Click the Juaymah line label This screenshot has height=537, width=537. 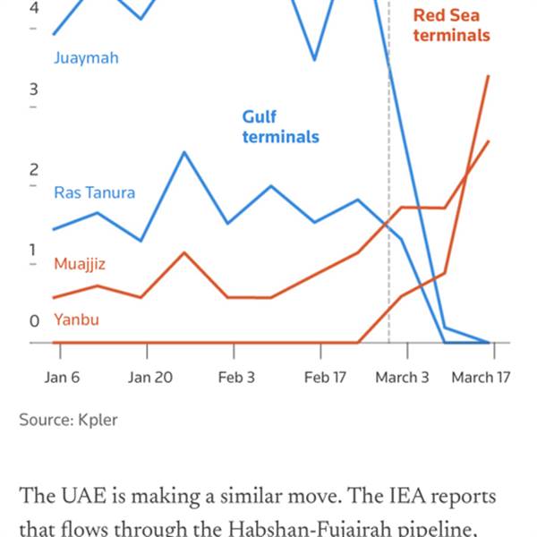pyautogui.click(x=86, y=58)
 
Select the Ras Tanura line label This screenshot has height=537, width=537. pyautogui.click(x=95, y=192)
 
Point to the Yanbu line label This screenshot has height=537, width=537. pyautogui.click(x=76, y=320)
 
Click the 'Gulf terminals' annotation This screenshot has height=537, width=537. pyautogui.click(x=280, y=127)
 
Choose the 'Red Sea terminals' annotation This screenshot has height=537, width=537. pyautogui.click(x=451, y=25)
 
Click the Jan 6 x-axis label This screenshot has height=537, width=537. pyautogui.click(x=62, y=377)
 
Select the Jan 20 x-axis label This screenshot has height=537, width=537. pyautogui.click(x=149, y=377)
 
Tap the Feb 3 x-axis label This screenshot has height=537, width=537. pyautogui.click(x=236, y=377)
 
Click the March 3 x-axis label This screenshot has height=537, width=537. pyautogui.click(x=402, y=377)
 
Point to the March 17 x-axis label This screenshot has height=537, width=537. pyautogui.click(x=481, y=377)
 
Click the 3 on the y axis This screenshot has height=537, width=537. pyautogui.click(x=34, y=89)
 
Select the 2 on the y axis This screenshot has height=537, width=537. pyautogui.click(x=34, y=169)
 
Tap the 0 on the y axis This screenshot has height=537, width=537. pyautogui.click(x=34, y=320)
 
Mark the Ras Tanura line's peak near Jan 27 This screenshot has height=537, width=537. pyautogui.click(x=183, y=152)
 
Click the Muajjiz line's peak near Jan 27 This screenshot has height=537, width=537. pyautogui.click(x=183, y=252)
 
